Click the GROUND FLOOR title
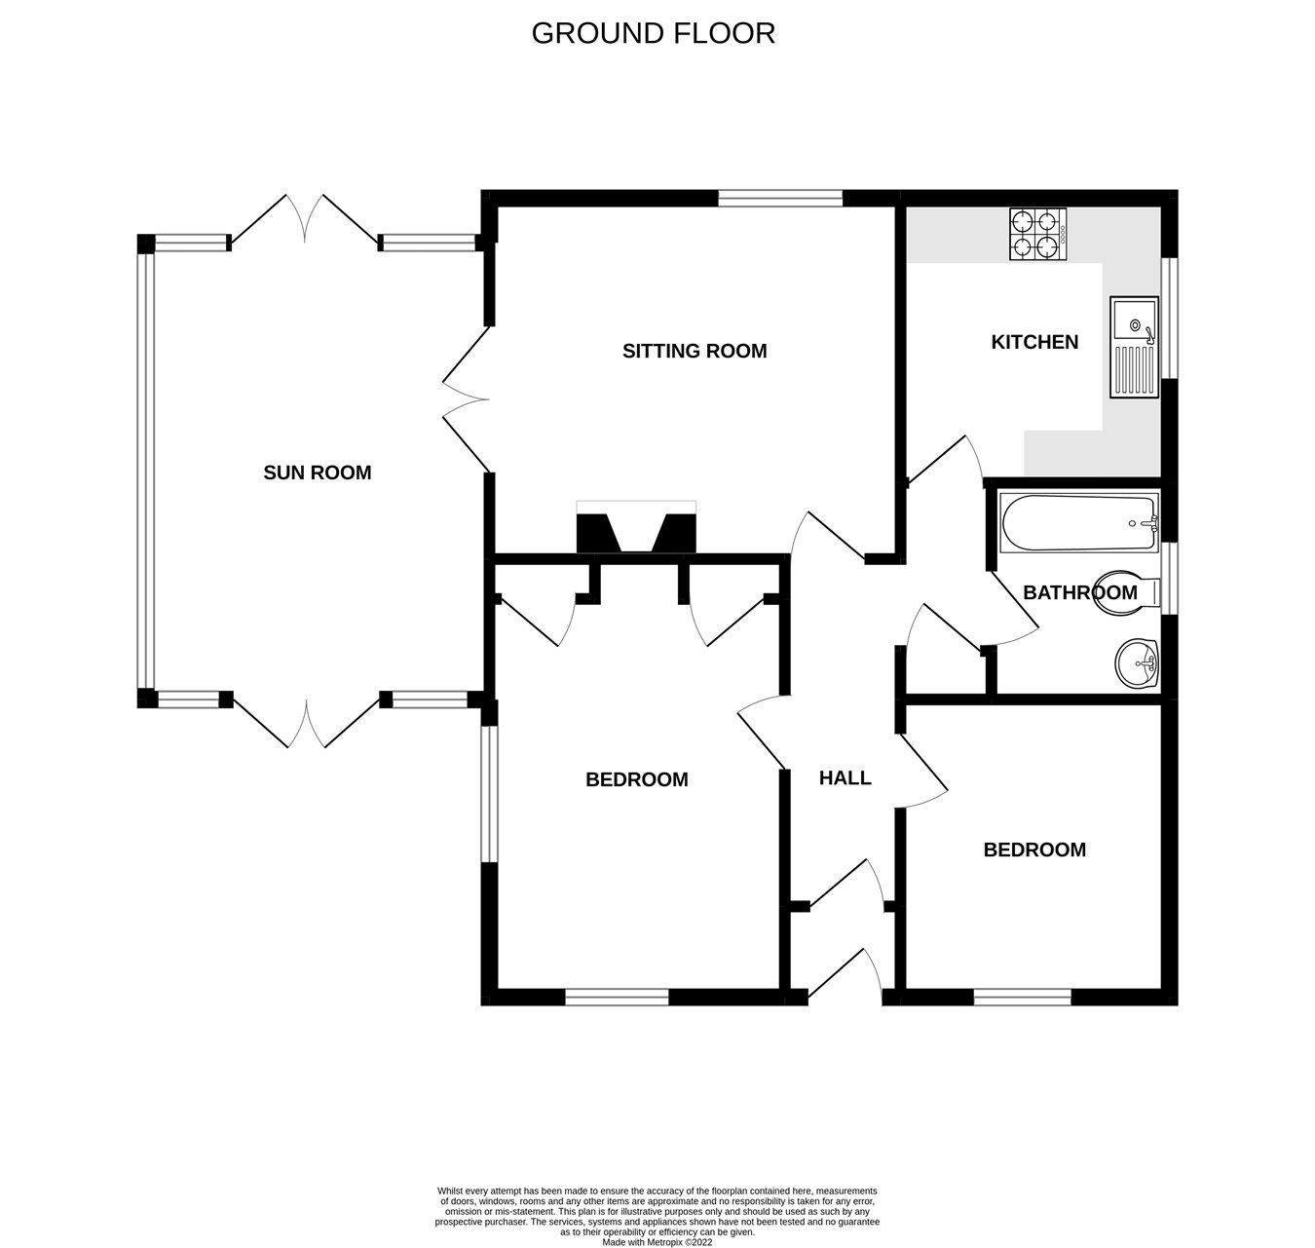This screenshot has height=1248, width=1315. pyautogui.click(x=653, y=33)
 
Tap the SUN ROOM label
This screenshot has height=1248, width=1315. pyautogui.click(x=317, y=473)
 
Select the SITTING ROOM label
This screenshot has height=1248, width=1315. pyautogui.click(x=695, y=352)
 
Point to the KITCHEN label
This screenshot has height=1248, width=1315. pyautogui.click(x=1034, y=343)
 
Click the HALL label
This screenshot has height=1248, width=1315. pyautogui.click(x=845, y=777)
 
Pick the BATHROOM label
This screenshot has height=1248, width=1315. pyautogui.click(x=1079, y=593)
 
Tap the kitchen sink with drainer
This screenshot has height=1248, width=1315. pyautogui.click(x=1134, y=347)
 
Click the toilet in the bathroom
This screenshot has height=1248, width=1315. pyautogui.click(x=1127, y=591)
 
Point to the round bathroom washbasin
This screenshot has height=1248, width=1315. pyautogui.click(x=1137, y=663)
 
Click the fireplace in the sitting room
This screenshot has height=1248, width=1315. pyautogui.click(x=636, y=527)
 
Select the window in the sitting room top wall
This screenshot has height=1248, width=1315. pyautogui.click(x=780, y=198)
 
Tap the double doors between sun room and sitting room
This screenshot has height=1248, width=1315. pyautogui.click(x=467, y=399)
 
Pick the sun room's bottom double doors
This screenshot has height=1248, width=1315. pyautogui.click(x=307, y=723)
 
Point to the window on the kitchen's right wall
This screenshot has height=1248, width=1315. pyautogui.click(x=1169, y=318)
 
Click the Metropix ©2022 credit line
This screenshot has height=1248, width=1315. pyautogui.click(x=657, y=1242)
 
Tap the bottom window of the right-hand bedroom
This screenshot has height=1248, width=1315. pyautogui.click(x=1022, y=997)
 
